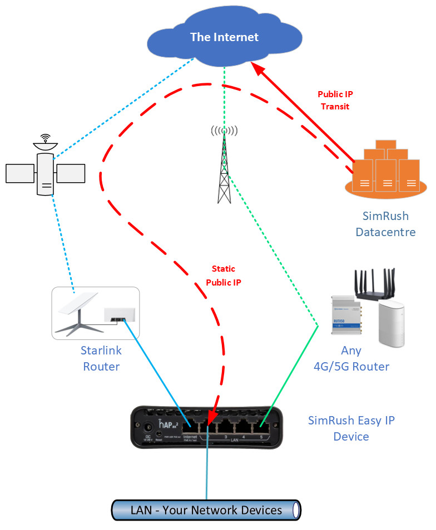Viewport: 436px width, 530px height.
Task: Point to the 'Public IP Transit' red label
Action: pos(335,100)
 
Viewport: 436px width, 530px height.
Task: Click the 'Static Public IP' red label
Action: pos(223,276)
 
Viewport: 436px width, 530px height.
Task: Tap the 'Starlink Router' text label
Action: pos(101,359)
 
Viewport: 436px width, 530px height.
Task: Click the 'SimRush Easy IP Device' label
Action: pos(351,428)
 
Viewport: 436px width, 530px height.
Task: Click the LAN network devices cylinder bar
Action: pos(206,509)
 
